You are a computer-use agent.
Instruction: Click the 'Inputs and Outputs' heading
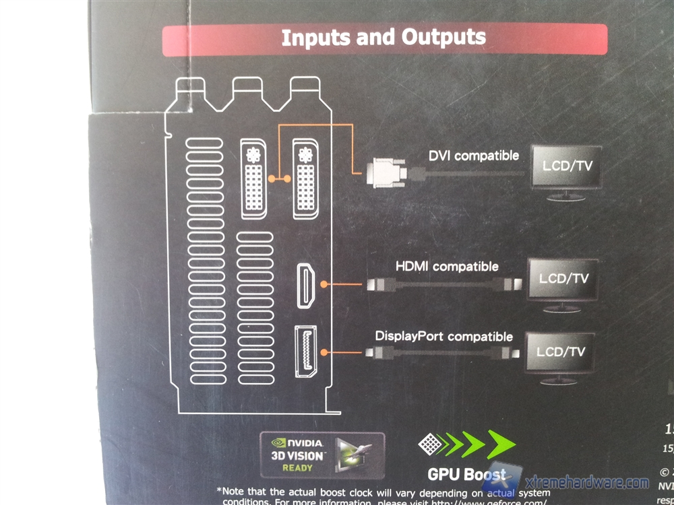pyautogui.click(x=384, y=38)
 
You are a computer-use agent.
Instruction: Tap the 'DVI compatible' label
pyautogui.click(x=474, y=156)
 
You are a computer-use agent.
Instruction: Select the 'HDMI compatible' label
pyautogui.click(x=447, y=267)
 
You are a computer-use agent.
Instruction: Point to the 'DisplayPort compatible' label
pyautogui.click(x=443, y=336)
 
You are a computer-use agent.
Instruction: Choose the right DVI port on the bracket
pyautogui.click(x=305, y=178)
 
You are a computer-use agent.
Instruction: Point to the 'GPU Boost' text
pyautogui.click(x=466, y=475)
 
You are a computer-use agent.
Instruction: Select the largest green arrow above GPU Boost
pyautogui.click(x=500, y=444)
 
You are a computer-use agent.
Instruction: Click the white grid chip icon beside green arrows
pyautogui.click(x=429, y=443)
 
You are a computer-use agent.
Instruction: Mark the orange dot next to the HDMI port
pyautogui.click(x=324, y=285)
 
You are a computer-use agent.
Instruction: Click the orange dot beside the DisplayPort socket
pyautogui.click(x=324, y=351)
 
